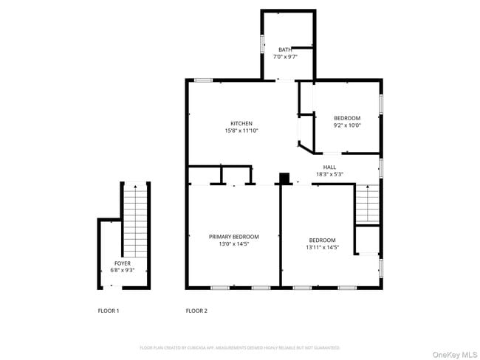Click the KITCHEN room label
click(241, 123)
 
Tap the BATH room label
click(285, 49)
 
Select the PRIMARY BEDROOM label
click(233, 237)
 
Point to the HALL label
click(329, 167)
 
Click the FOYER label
click(123, 263)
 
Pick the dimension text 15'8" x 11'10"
click(241, 131)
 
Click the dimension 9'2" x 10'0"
click(347, 125)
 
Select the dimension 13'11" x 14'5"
click(323, 247)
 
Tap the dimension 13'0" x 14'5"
click(233, 243)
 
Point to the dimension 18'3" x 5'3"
click(329, 174)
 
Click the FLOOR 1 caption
click(109, 311)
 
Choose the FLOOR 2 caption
click(196, 311)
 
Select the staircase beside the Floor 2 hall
click(367, 204)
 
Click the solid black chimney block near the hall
click(284, 179)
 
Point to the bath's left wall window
click(262, 44)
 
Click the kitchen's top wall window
click(204, 80)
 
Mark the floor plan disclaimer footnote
click(239, 347)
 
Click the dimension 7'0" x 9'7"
click(285, 57)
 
